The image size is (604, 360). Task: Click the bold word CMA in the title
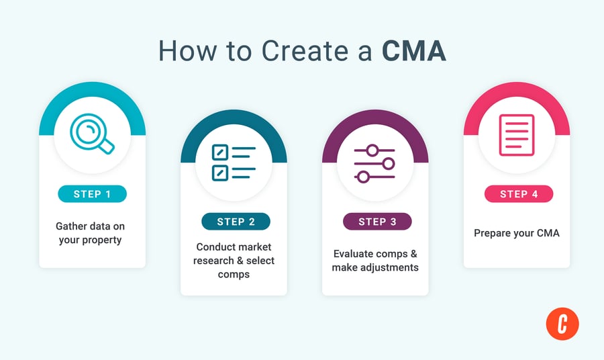click(x=414, y=52)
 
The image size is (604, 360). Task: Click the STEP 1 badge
click(x=92, y=194)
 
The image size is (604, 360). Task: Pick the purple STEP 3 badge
click(x=375, y=222)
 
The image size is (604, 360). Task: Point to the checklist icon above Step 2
click(x=234, y=163)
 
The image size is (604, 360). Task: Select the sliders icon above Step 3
click(x=375, y=163)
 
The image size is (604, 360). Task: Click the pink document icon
click(x=517, y=135)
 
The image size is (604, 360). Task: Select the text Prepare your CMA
click(x=517, y=233)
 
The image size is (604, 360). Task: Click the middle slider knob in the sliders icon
click(x=386, y=163)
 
